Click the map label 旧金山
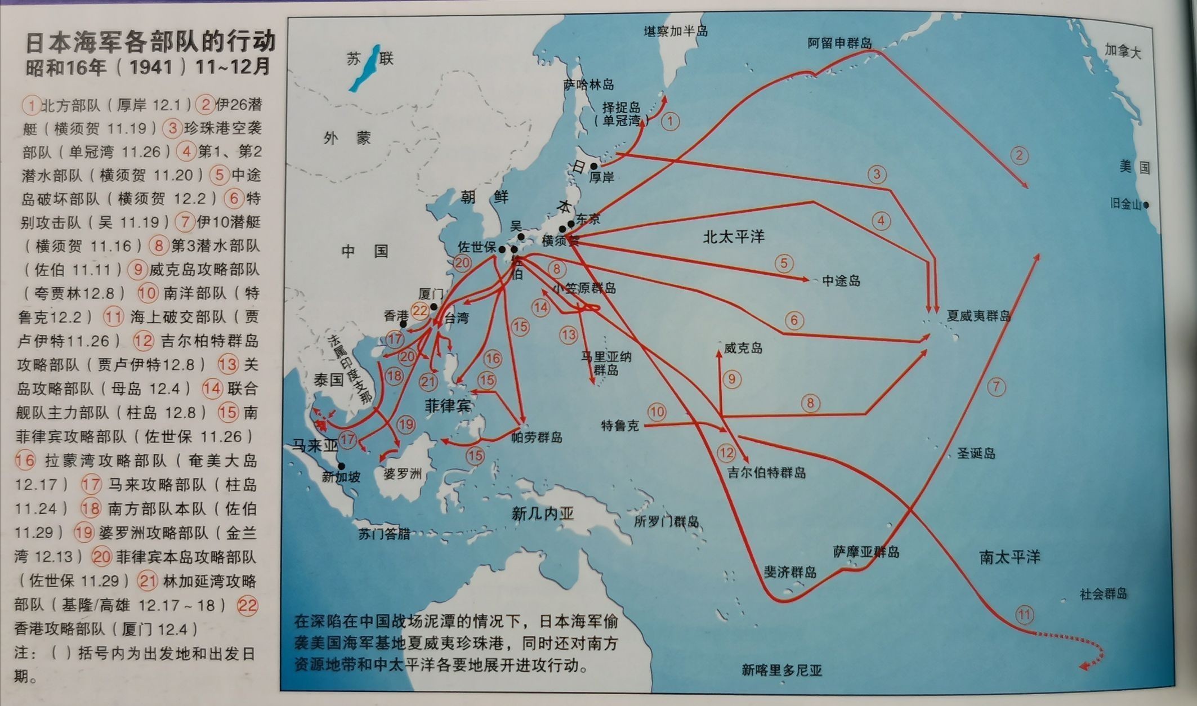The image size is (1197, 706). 1125,204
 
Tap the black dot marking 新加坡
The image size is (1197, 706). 341,466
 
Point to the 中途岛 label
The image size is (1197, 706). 841,280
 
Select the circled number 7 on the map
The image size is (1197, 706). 996,386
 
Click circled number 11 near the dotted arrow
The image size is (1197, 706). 1024,614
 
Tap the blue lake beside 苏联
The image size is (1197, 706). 363,68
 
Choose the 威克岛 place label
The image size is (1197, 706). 743,348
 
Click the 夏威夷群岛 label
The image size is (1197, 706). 979,315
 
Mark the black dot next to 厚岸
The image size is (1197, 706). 593,166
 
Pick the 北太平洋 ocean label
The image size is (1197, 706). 734,236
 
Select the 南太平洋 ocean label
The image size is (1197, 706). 1010,557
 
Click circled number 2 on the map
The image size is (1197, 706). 1019,155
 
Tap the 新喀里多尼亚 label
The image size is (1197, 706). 781,670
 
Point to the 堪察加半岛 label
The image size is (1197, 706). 676,31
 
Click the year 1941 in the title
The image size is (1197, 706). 151,68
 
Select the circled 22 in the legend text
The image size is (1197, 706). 247,606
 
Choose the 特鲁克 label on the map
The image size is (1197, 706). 620,426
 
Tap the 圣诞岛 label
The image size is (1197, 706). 976,453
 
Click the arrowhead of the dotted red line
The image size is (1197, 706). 1082,668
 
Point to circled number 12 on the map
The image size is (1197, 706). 726,452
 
